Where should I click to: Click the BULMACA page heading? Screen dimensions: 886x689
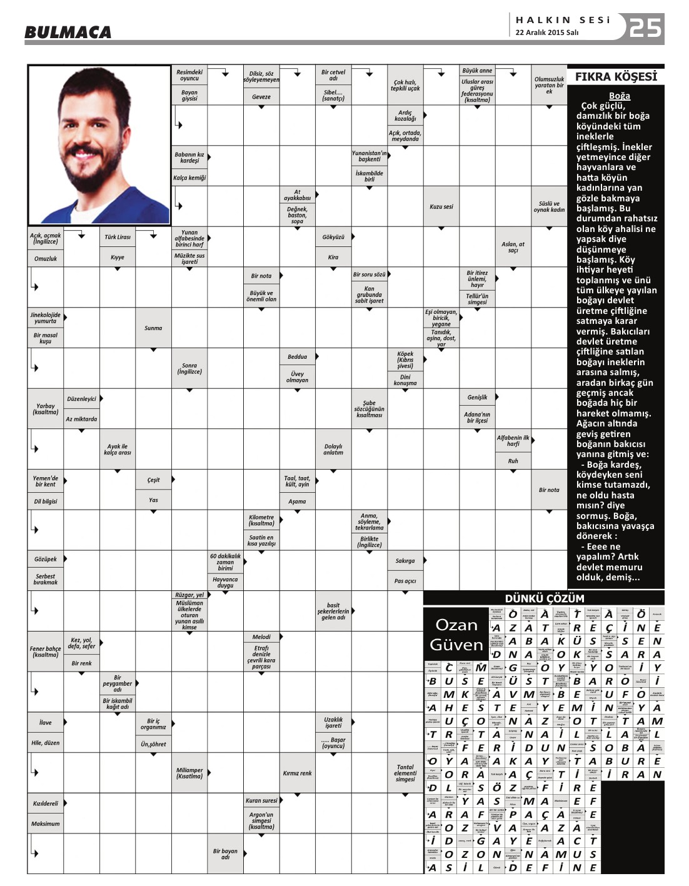click(x=68, y=32)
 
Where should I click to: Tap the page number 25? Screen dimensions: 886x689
click(x=645, y=28)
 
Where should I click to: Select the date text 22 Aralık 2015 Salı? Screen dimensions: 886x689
click(x=546, y=33)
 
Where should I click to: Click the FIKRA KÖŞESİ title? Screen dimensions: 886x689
click(x=615, y=77)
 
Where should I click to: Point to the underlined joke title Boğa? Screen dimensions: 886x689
click(x=619, y=96)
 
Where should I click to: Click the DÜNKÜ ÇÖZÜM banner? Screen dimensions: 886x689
click(x=544, y=598)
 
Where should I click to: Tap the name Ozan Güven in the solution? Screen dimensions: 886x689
click(x=456, y=635)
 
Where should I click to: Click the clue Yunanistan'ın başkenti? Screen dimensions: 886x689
click(x=369, y=156)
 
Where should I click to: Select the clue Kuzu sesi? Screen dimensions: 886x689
click(x=441, y=206)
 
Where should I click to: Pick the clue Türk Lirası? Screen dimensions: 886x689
click(x=118, y=237)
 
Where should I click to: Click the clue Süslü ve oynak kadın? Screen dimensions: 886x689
click(x=549, y=206)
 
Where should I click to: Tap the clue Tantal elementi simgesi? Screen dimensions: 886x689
click(x=405, y=773)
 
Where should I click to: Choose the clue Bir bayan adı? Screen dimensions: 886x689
click(x=225, y=853)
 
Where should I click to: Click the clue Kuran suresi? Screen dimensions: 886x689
click(x=261, y=800)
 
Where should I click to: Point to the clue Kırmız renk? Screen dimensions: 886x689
click(x=297, y=773)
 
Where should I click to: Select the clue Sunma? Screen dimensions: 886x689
click(x=153, y=328)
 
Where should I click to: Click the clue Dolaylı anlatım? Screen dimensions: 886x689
click(x=333, y=449)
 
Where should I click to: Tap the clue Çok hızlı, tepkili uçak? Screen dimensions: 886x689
click(x=405, y=85)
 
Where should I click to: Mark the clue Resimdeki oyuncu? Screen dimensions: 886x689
click(x=189, y=75)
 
